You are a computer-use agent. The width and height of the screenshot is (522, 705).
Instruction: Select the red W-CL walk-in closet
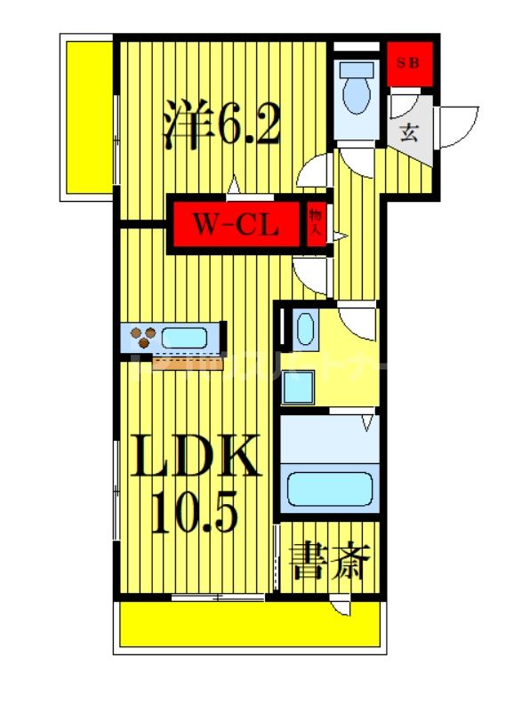(237, 226)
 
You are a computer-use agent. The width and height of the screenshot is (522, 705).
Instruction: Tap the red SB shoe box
(410, 63)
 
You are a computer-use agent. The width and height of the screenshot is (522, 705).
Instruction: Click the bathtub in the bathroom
(331, 488)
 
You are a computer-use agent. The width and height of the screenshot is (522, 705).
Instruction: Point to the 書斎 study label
(328, 564)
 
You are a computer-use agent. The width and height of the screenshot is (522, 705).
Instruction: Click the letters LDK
(197, 458)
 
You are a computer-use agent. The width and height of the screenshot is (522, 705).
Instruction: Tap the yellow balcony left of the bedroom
(86, 116)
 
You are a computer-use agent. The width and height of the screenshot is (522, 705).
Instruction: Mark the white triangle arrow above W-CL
(234, 186)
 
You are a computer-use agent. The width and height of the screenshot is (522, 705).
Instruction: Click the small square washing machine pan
(301, 386)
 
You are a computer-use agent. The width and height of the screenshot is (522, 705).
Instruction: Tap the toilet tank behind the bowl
(358, 70)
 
